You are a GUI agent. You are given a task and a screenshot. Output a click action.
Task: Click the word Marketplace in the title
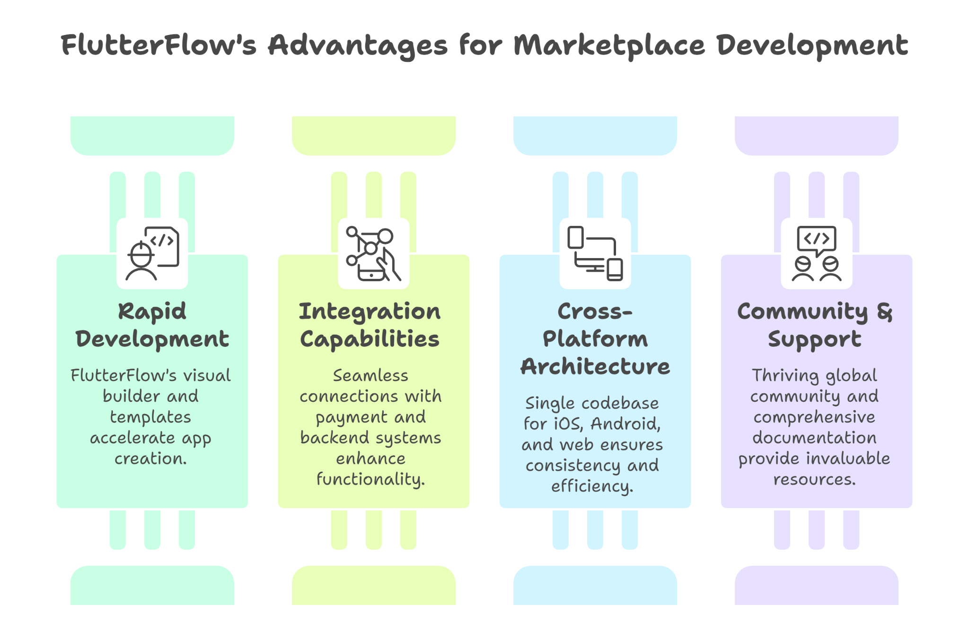[609, 46]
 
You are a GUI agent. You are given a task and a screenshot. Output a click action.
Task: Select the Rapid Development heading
[152, 325]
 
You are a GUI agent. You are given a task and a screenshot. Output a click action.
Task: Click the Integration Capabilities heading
[370, 325]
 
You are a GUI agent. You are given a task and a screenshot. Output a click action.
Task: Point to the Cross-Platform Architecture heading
[595, 339]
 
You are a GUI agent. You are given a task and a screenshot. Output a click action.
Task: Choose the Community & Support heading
[815, 325]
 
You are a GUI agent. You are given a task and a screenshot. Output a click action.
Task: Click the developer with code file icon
[152, 253]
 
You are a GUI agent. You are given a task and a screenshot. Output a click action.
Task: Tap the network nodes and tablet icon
[373, 253]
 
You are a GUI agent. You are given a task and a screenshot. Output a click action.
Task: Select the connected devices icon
[595, 253]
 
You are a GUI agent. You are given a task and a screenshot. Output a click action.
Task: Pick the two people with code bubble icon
[816, 253]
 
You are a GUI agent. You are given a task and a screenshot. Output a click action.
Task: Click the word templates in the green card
[150, 417]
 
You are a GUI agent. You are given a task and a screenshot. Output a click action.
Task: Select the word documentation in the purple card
[814, 438]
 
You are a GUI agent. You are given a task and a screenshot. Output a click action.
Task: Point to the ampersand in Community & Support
[884, 312]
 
